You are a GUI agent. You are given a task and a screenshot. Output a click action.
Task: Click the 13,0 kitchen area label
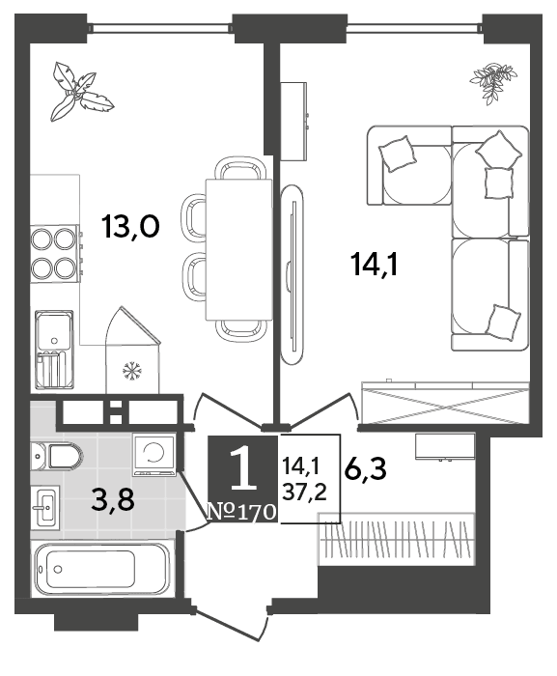click(130, 227)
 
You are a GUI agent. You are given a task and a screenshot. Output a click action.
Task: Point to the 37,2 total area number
click(304, 491)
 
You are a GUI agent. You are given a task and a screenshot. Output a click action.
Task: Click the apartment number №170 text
click(242, 511)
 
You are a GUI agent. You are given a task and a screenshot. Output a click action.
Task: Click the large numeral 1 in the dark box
click(243, 468)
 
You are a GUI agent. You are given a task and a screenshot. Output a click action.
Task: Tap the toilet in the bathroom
click(56, 456)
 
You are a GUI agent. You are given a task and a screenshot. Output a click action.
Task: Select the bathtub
click(103, 569)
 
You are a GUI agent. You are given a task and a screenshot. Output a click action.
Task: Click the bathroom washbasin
click(44, 507)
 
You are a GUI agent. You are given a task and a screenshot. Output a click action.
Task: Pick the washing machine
click(154, 454)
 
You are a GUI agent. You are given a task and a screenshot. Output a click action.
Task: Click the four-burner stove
click(55, 254)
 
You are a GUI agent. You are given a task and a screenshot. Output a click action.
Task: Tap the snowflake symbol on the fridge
click(132, 371)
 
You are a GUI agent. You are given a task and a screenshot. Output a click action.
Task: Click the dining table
click(238, 249)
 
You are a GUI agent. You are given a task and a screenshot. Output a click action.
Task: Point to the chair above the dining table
click(238, 168)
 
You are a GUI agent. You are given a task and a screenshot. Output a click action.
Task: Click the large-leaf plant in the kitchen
click(81, 92)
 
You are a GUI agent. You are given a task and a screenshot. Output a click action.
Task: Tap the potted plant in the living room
click(492, 83)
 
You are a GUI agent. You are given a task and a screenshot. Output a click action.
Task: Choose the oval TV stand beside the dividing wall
click(292, 275)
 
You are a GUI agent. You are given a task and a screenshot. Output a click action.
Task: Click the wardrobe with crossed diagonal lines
click(445, 403)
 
